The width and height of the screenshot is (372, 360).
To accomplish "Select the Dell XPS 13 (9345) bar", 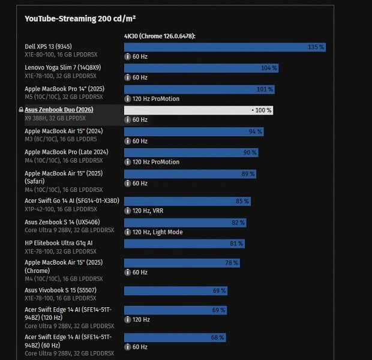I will point(224,47).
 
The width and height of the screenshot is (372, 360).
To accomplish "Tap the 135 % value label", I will point(316,47).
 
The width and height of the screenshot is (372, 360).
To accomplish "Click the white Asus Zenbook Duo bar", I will point(198,110).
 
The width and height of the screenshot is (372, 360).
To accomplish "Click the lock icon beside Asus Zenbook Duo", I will point(21,110).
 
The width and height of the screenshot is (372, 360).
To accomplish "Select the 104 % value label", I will point(269,68).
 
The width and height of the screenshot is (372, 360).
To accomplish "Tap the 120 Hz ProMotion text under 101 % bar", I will point(155,99).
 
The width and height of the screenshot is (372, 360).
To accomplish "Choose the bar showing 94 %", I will point(194,131).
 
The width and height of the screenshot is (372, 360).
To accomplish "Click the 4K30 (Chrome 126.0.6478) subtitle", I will point(160,36).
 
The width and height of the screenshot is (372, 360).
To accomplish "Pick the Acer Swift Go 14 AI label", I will point(72,200).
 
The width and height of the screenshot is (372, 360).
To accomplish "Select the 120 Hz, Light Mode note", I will point(157,232).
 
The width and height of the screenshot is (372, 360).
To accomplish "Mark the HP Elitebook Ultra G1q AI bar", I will point(184,244).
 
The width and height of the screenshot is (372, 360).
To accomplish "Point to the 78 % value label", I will point(231,263).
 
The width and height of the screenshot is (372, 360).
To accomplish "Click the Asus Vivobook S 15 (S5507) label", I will point(61,290).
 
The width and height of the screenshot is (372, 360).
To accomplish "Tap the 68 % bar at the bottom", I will point(175,337).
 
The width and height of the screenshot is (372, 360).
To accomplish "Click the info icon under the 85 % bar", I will point(128,211).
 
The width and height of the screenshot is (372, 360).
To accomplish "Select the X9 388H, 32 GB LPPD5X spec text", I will point(55,118).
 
